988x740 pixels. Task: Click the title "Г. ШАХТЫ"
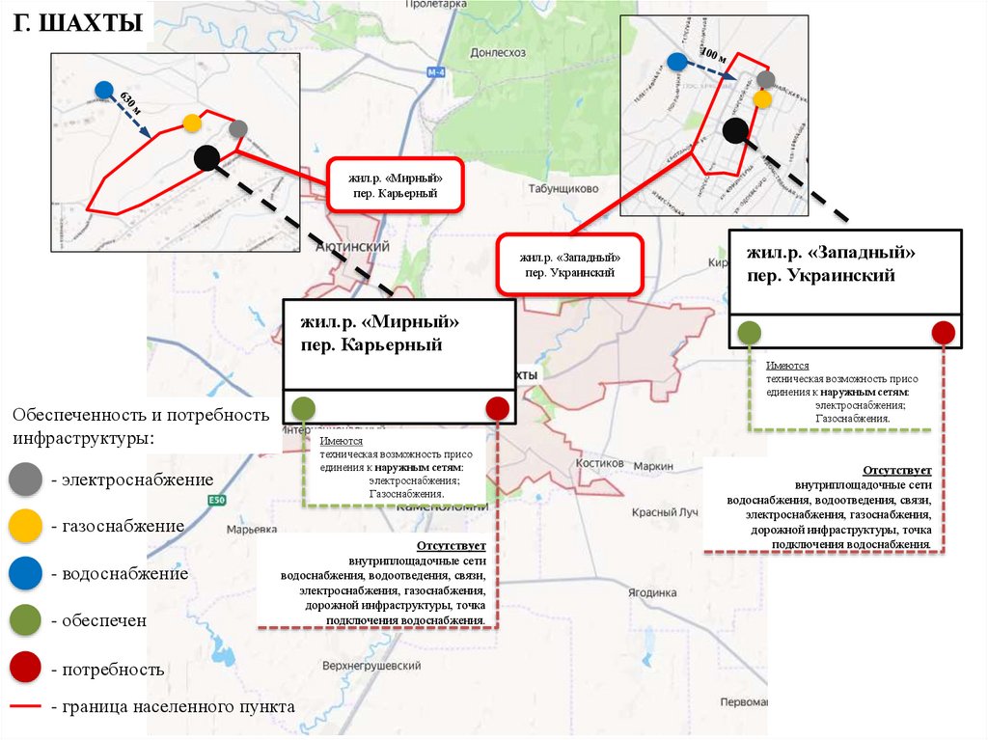point(77,22)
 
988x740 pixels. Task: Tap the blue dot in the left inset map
point(104,90)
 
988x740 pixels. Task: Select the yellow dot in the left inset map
point(192,123)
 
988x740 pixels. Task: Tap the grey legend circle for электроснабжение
point(25,480)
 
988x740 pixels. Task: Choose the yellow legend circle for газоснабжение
point(25,526)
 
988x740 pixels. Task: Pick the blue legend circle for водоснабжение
point(25,573)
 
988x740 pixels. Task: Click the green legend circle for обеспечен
point(25,620)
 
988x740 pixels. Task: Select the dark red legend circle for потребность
point(25,668)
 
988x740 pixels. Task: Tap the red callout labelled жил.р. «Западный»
point(569,264)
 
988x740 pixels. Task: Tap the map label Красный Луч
point(664,512)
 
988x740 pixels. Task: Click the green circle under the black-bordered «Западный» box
point(749,333)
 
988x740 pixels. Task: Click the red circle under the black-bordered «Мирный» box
point(498,408)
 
